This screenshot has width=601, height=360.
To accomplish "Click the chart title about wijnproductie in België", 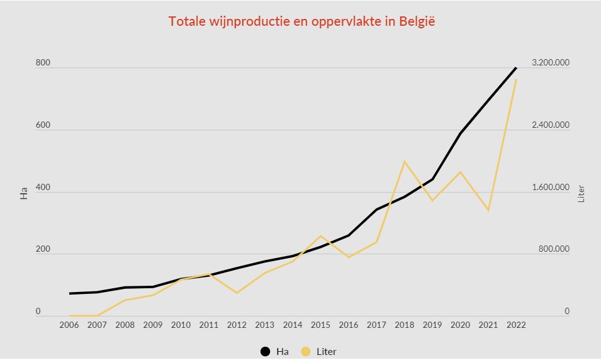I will (302, 21).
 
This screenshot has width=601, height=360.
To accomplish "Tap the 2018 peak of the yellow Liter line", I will (405, 162).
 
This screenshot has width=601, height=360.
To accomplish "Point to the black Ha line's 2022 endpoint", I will (516, 67).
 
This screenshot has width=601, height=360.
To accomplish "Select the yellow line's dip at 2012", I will (237, 293).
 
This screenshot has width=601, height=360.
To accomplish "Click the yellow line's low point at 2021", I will (488, 210).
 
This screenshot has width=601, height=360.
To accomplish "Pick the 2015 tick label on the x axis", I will (320, 325).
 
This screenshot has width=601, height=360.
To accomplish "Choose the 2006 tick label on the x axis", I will (70, 325).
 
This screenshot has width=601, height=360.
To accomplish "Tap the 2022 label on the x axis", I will (516, 325).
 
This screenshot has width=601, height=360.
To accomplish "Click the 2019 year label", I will (432, 325).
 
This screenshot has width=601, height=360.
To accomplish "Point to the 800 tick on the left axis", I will (42, 64).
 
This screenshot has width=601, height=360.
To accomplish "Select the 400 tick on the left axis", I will (42, 188).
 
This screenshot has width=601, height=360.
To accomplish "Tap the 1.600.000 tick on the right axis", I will (551, 188).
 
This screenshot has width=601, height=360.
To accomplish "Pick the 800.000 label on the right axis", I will (553, 249).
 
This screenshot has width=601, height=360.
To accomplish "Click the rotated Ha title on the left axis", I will (24, 193).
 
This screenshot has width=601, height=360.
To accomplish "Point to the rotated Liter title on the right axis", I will (581, 193).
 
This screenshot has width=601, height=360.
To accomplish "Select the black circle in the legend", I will (266, 352).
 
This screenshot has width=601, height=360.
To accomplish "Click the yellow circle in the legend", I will (306, 352).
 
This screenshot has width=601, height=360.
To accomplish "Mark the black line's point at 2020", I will (460, 133).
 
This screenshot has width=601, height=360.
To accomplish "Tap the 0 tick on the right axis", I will (567, 312).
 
